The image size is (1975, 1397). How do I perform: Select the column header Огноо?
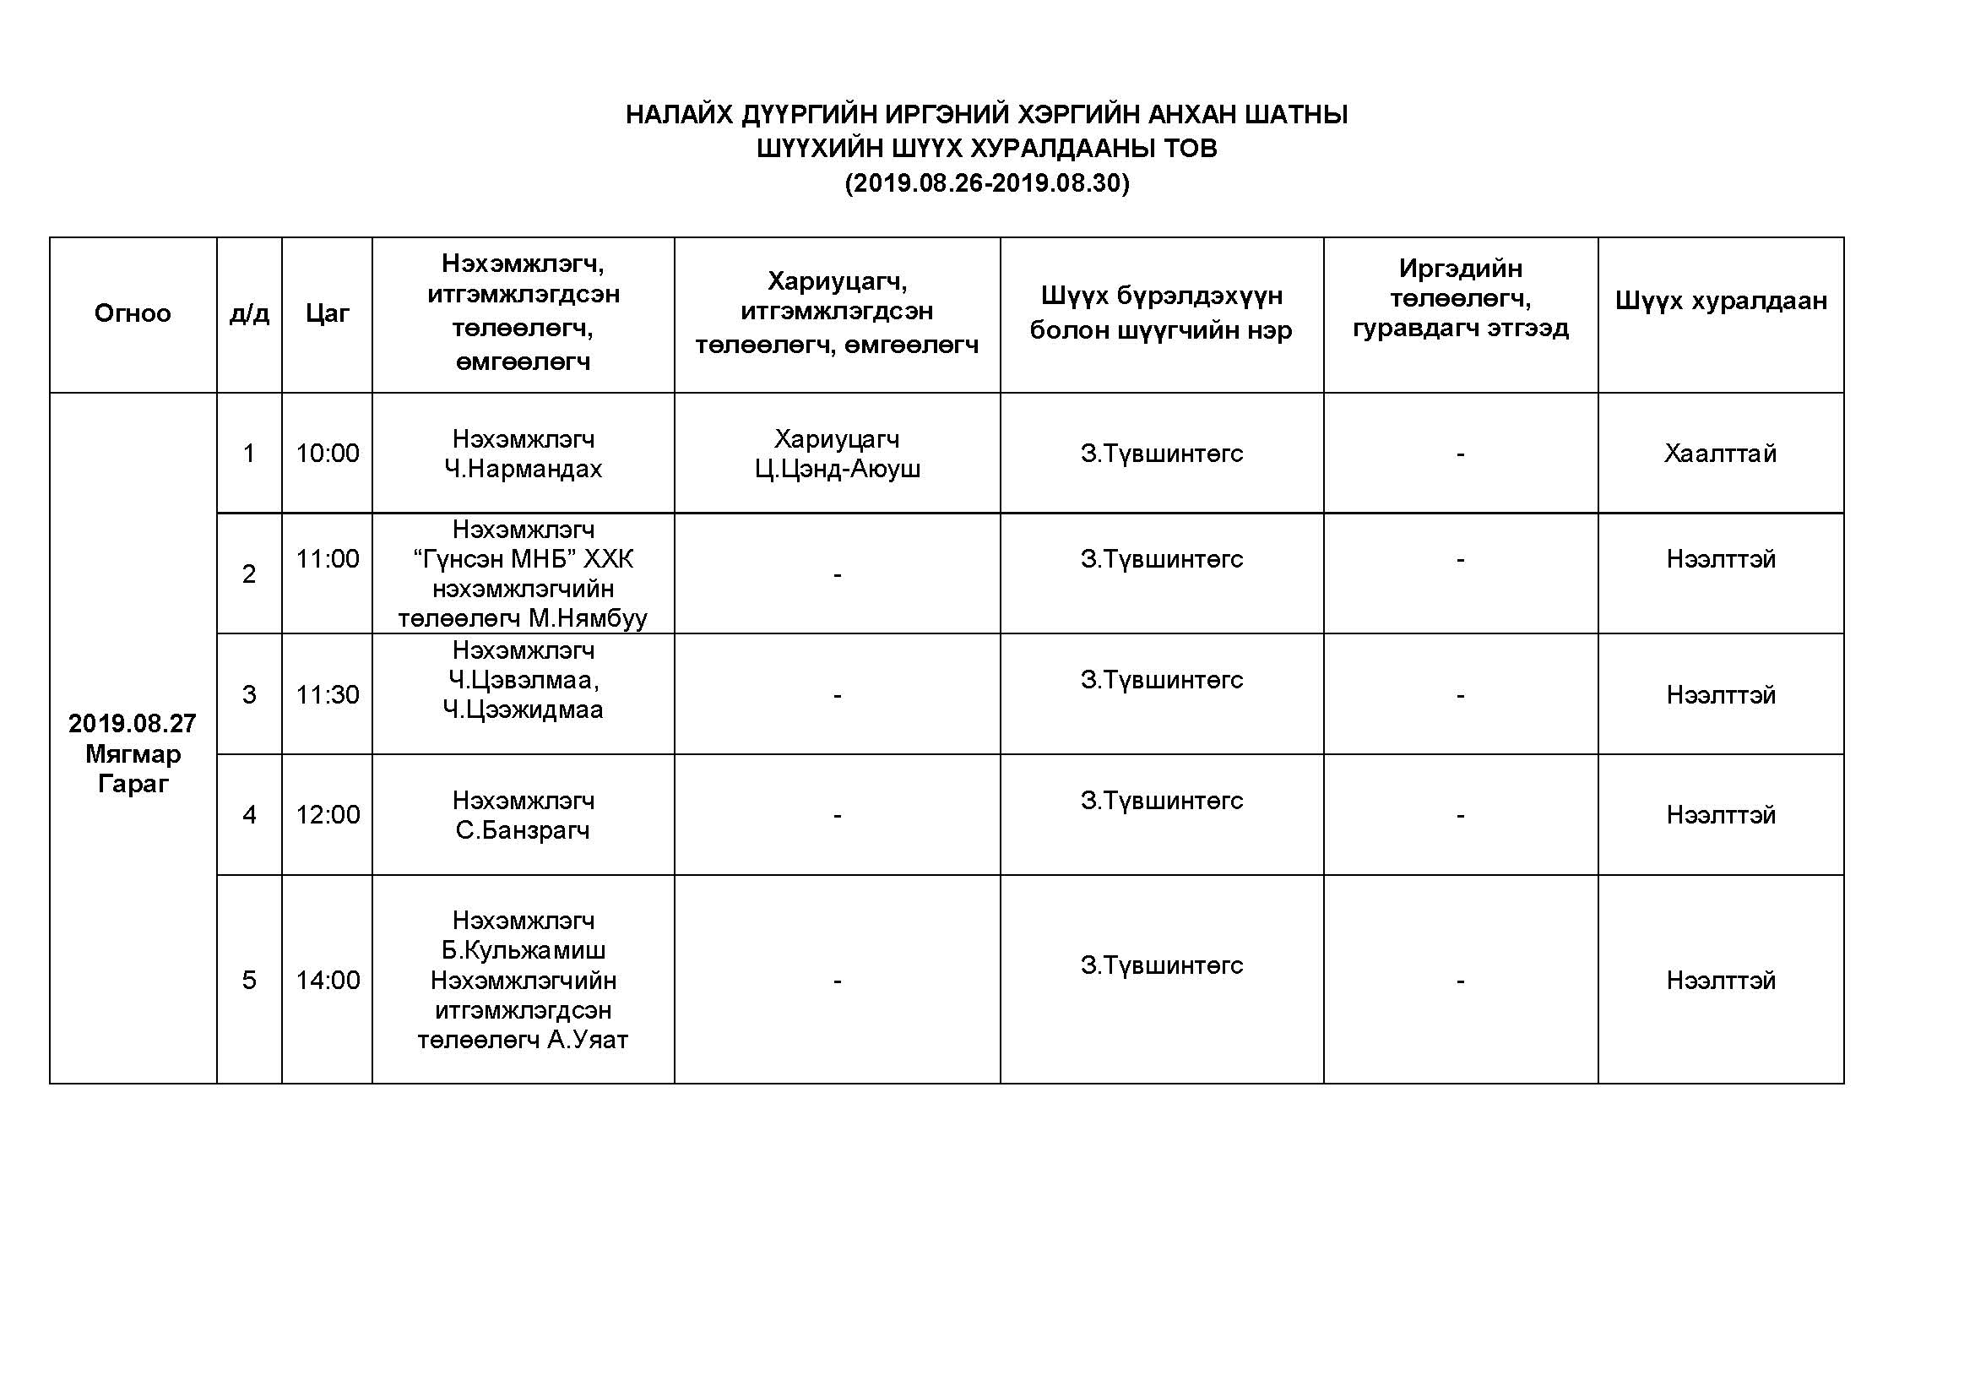pos(133,313)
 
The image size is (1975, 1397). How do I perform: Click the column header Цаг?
pos(327,313)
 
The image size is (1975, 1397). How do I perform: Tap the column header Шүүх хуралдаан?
pos(1720,300)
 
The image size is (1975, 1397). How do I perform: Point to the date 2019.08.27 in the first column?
pos(133,724)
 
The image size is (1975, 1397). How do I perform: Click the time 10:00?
pos(327,454)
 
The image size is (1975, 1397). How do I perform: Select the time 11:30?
pos(327,694)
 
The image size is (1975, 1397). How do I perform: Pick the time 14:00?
pos(327,980)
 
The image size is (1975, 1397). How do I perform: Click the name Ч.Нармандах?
pos(523,469)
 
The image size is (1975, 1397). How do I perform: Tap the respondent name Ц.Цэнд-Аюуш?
pos(837,469)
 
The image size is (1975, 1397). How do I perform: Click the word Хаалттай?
pos(1720,454)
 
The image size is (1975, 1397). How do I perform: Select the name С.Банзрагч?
pos(523,830)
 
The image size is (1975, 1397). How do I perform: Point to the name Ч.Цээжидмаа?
pos(523,709)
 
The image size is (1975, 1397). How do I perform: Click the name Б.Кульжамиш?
pos(523,950)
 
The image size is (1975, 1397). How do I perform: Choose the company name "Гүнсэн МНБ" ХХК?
pos(523,559)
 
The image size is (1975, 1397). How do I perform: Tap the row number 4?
pos(249,814)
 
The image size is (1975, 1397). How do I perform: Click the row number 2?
pos(249,573)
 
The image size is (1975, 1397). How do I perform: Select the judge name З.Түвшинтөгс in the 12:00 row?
pos(1161,801)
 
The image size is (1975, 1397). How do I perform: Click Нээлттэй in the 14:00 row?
pos(1720,980)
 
